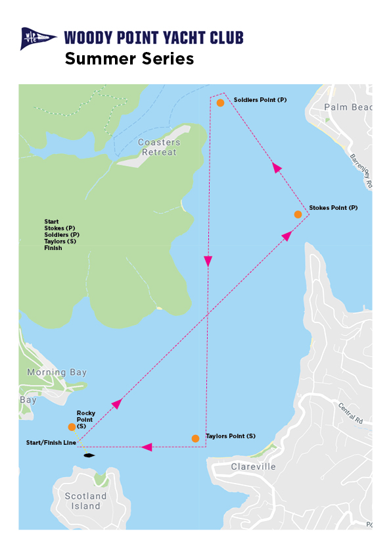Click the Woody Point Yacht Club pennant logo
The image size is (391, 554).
(x=39, y=38)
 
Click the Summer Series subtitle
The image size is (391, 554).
(x=129, y=59)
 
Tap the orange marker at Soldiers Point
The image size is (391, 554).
(x=220, y=103)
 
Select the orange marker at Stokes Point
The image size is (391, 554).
(x=298, y=214)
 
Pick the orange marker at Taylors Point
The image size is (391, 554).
(x=195, y=438)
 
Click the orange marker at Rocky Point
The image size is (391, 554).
(x=72, y=427)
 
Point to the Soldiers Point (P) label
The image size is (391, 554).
(x=260, y=100)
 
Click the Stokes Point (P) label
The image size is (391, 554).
(x=333, y=207)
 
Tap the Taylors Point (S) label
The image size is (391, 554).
(x=231, y=436)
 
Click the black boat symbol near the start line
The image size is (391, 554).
(x=89, y=455)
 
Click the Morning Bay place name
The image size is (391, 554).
(x=57, y=372)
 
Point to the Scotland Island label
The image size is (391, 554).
(x=85, y=501)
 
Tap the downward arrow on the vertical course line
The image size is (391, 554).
(x=208, y=261)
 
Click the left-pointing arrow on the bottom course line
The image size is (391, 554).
(x=147, y=447)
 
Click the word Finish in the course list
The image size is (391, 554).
(x=53, y=248)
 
